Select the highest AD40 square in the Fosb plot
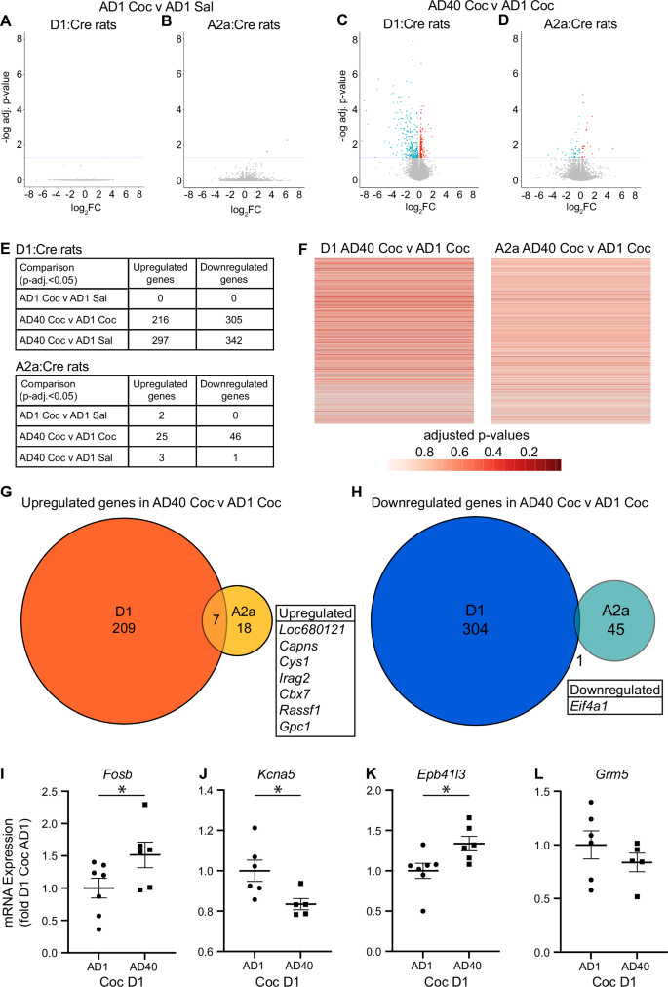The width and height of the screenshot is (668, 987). (x=143, y=805)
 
